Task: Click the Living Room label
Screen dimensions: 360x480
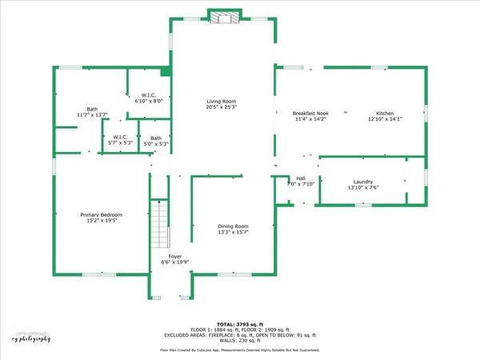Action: click(x=221, y=101)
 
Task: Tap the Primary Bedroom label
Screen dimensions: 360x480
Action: click(x=101, y=214)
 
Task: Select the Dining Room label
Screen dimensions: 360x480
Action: click(x=234, y=226)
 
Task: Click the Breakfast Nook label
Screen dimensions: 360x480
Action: click(x=309, y=114)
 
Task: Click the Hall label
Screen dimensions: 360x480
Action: click(x=301, y=178)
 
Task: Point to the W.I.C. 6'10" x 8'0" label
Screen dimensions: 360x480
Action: click(x=147, y=95)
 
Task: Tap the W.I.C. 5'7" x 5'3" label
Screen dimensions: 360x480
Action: click(x=121, y=138)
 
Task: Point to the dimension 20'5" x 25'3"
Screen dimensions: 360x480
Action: click(x=221, y=106)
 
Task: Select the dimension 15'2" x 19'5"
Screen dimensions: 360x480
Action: click(x=101, y=220)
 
